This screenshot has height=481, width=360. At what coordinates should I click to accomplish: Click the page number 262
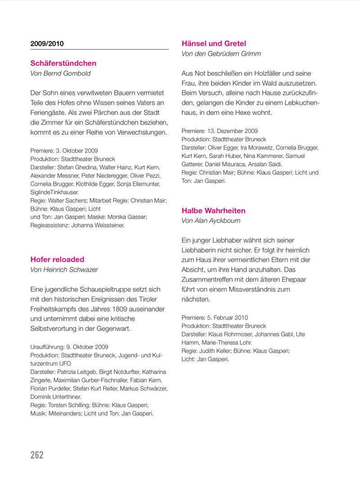tap(37, 454)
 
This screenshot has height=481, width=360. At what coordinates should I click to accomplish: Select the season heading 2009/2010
tap(47, 44)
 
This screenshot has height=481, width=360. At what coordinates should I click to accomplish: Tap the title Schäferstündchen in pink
tap(63, 63)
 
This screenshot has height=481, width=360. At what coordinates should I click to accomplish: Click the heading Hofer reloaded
tap(57, 259)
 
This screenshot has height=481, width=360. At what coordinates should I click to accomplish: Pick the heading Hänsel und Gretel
tap(214, 44)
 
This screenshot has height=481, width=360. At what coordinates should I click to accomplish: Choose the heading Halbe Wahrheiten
tap(213, 211)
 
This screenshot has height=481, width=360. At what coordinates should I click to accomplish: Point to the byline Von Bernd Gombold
tap(60, 73)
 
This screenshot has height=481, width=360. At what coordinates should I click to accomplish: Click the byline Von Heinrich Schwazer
tap(64, 270)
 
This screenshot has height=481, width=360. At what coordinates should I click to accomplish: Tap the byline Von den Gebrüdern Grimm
tap(221, 54)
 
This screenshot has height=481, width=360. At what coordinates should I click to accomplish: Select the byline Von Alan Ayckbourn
tap(211, 220)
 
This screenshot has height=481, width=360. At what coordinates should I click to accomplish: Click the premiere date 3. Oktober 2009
tap(77, 151)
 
